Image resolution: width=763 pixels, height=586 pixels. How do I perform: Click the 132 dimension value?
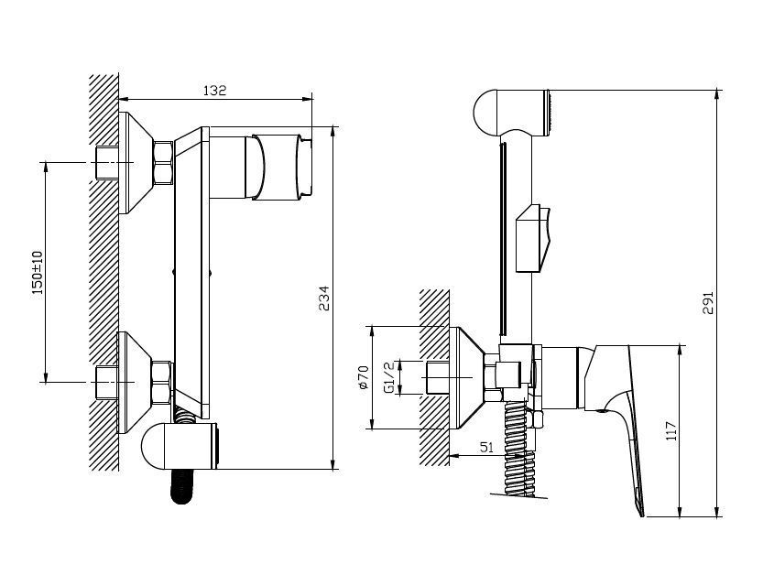pos(214,91)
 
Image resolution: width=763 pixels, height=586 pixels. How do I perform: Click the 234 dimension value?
pos(324,298)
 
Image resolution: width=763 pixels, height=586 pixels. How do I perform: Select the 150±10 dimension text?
pos(38,272)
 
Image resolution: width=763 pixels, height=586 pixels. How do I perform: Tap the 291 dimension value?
pos(708,302)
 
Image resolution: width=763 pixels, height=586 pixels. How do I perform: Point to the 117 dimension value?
pos(671,431)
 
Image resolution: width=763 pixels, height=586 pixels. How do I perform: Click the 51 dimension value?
pos(486,447)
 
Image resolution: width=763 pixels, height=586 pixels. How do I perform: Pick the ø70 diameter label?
pos(363,377)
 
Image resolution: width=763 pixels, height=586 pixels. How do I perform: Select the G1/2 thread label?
pos(388,377)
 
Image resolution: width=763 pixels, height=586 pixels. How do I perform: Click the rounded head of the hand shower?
pos(485,114)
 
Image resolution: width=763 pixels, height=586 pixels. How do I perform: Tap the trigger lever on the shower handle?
pos(533,238)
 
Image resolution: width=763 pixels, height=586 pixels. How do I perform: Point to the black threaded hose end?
pos(181,486)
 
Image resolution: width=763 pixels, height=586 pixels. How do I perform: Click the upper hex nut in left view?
pos(163,163)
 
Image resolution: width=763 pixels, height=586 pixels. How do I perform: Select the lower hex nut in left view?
pos(162,383)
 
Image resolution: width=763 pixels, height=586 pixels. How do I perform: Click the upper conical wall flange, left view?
pos(136,163)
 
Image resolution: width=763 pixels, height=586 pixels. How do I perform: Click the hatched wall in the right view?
pos(434,377)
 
